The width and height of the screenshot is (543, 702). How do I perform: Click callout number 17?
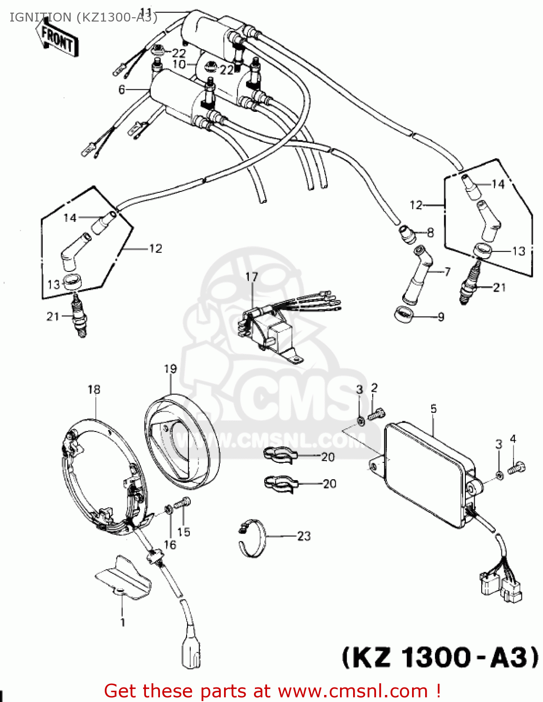tap(252, 277)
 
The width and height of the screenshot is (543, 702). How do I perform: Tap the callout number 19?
tap(170, 369)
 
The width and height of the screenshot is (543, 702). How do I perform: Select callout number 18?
tap(94, 389)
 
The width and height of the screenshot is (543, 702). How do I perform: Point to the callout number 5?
tap(434, 409)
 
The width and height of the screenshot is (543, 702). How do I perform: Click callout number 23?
tap(304, 536)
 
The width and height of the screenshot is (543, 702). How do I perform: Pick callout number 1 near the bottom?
tap(123, 622)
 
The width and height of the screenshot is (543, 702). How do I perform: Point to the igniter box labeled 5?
tap(428, 473)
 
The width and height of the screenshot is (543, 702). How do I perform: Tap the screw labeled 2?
tap(377, 414)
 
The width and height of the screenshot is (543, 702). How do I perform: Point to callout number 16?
tap(170, 544)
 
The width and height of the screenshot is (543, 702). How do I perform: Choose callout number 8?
tap(430, 233)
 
